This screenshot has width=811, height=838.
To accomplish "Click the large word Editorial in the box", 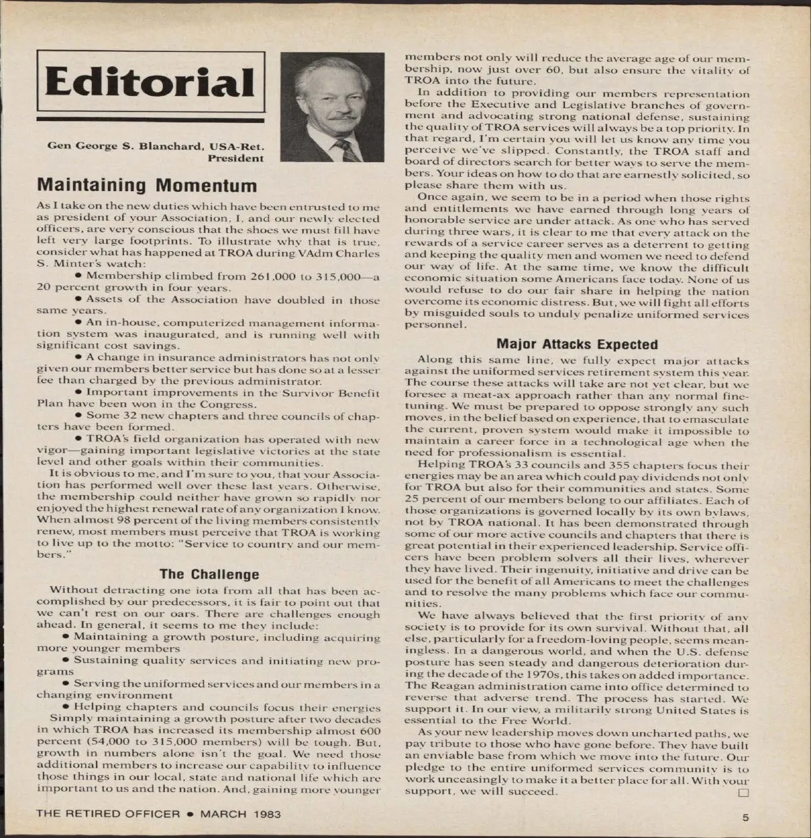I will pyautogui.click(x=149, y=83).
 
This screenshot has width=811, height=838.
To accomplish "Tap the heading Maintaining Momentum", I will pyautogui.click(x=147, y=185).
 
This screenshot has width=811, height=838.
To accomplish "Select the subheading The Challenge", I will pyautogui.click(x=209, y=575).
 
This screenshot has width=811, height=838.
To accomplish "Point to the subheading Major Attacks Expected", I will pyautogui.click(x=576, y=344).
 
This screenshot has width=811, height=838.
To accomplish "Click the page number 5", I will pyautogui.click(x=745, y=817).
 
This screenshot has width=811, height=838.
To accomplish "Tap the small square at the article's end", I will pyautogui.click(x=744, y=791).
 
